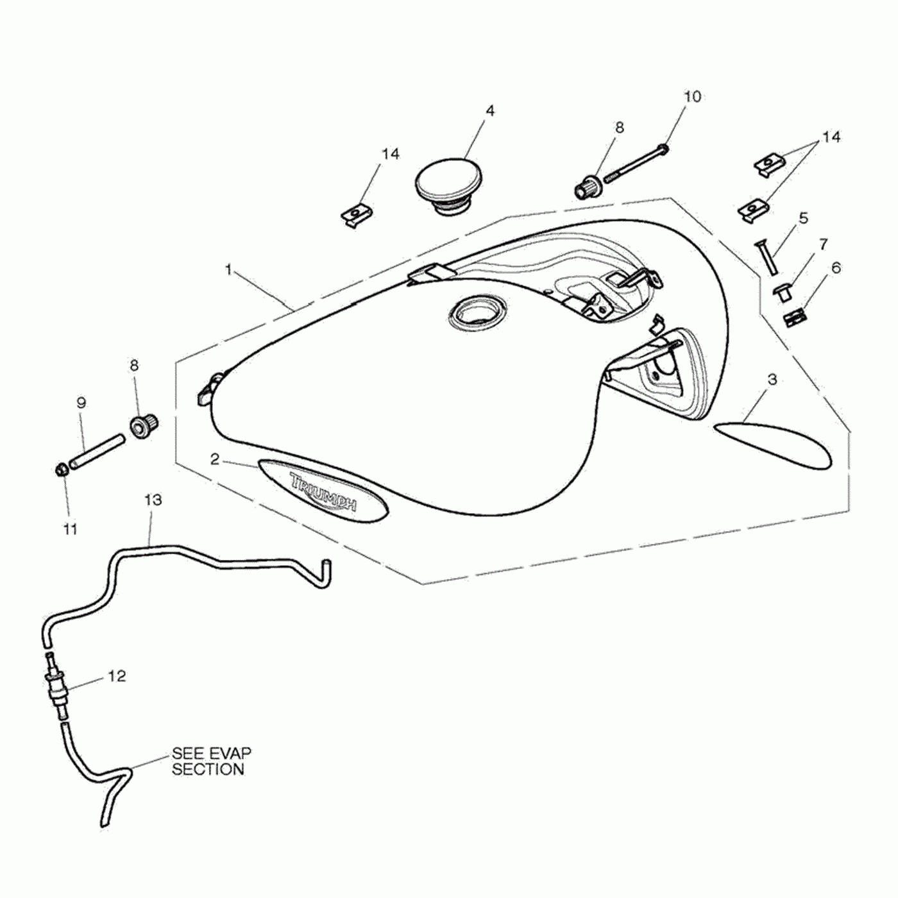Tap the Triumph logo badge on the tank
pyautogui.click(x=323, y=490)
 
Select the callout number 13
pyautogui.click(x=153, y=500)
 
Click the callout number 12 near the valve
pyautogui.click(x=117, y=675)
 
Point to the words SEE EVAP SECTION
pyautogui.click(x=211, y=761)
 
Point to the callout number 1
pyautogui.click(x=228, y=270)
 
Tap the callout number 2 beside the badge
pyautogui.click(x=215, y=459)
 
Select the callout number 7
pyautogui.click(x=823, y=244)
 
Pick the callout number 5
pyautogui.click(x=803, y=218)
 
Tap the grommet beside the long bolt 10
pyautogui.click(x=585, y=188)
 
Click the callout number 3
pyautogui.click(x=772, y=379)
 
